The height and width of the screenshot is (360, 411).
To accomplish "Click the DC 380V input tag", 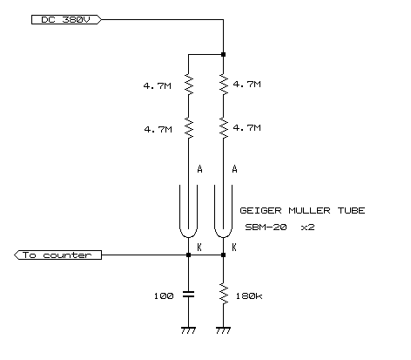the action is pyautogui.click(x=66, y=20).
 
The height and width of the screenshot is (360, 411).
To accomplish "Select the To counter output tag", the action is pyautogui.click(x=57, y=255).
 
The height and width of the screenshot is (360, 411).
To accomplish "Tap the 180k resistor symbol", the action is pyautogui.click(x=224, y=294).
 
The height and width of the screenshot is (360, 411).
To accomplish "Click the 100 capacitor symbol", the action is pyautogui.click(x=188, y=295).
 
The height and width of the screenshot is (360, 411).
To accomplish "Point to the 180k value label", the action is pyautogui.click(x=249, y=296).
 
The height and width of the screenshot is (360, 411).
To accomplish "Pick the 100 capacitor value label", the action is pyautogui.click(x=164, y=296).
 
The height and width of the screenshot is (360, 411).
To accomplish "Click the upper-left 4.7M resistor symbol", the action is pyautogui.click(x=189, y=85).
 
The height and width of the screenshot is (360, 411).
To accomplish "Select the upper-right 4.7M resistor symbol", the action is pyautogui.click(x=224, y=85).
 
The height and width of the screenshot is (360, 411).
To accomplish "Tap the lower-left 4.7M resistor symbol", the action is pyautogui.click(x=189, y=128).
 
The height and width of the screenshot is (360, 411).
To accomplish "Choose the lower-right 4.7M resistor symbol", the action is pyautogui.click(x=224, y=128).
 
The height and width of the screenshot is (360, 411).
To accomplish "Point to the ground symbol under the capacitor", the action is pyautogui.click(x=188, y=330).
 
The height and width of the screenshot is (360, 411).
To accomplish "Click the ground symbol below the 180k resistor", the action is pyautogui.click(x=223, y=330).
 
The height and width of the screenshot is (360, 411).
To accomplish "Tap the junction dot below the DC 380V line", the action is pyautogui.click(x=223, y=54).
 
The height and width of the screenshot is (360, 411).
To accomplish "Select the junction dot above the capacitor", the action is pyautogui.click(x=188, y=255).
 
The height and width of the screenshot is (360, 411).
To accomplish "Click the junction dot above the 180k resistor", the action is pyautogui.click(x=223, y=255).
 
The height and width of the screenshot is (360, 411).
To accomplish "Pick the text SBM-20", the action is pyautogui.click(x=266, y=227).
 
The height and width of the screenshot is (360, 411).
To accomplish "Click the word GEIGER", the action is pyautogui.click(x=260, y=210).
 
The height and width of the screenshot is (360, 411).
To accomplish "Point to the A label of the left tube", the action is pyautogui.click(x=199, y=169).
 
